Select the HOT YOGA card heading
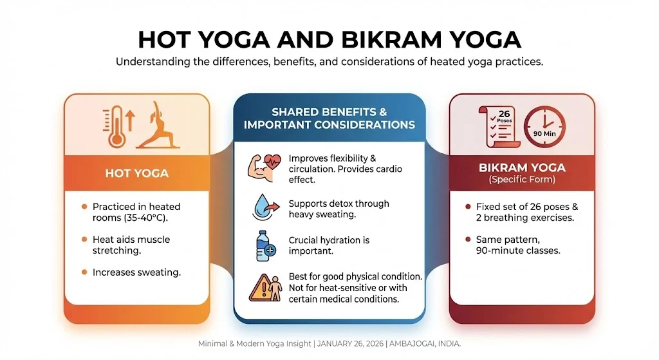pyautogui.click(x=136, y=173)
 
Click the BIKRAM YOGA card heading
pyautogui.click(x=522, y=168)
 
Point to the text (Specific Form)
pyautogui.click(x=522, y=180)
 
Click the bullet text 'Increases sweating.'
pyautogui.click(x=136, y=272)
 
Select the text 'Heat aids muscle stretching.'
pyautogui.click(x=131, y=245)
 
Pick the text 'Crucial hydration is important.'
pyautogui.click(x=329, y=246)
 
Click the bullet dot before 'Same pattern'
pyautogui.click(x=467, y=240)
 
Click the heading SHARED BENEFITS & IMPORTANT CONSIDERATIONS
pyautogui.click(x=329, y=118)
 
